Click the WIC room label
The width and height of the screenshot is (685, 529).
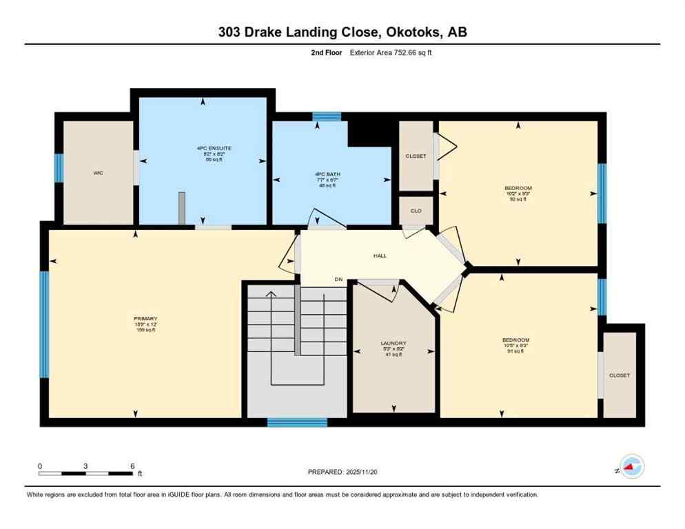(99, 174)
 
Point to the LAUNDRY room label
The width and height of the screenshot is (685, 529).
(393, 343)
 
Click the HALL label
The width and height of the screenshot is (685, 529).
(380, 256)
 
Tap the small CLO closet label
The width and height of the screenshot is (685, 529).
(416, 211)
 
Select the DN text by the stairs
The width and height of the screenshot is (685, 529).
(338, 279)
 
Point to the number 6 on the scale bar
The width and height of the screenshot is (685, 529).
(131, 466)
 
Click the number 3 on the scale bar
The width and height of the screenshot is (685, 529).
(85, 466)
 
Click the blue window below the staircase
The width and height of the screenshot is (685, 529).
(297, 422)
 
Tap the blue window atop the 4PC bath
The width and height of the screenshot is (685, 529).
(326, 116)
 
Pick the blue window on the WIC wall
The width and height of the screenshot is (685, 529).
(59, 168)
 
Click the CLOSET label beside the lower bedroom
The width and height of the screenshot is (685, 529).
(619, 375)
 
